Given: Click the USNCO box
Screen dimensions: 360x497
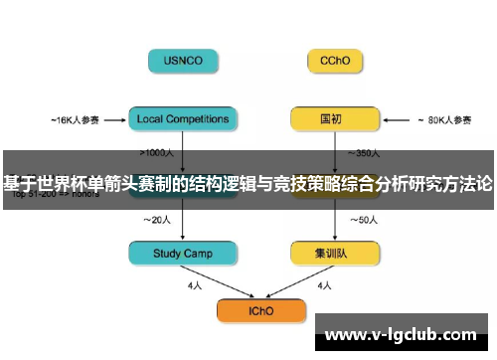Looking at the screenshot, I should (x=184, y=61).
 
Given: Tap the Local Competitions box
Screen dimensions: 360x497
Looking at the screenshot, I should (x=184, y=119).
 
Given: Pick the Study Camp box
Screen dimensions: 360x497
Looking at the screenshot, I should (x=184, y=255).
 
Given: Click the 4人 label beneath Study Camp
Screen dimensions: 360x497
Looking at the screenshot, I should (x=194, y=285).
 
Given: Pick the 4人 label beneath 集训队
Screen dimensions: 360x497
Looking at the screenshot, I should (x=323, y=285).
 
